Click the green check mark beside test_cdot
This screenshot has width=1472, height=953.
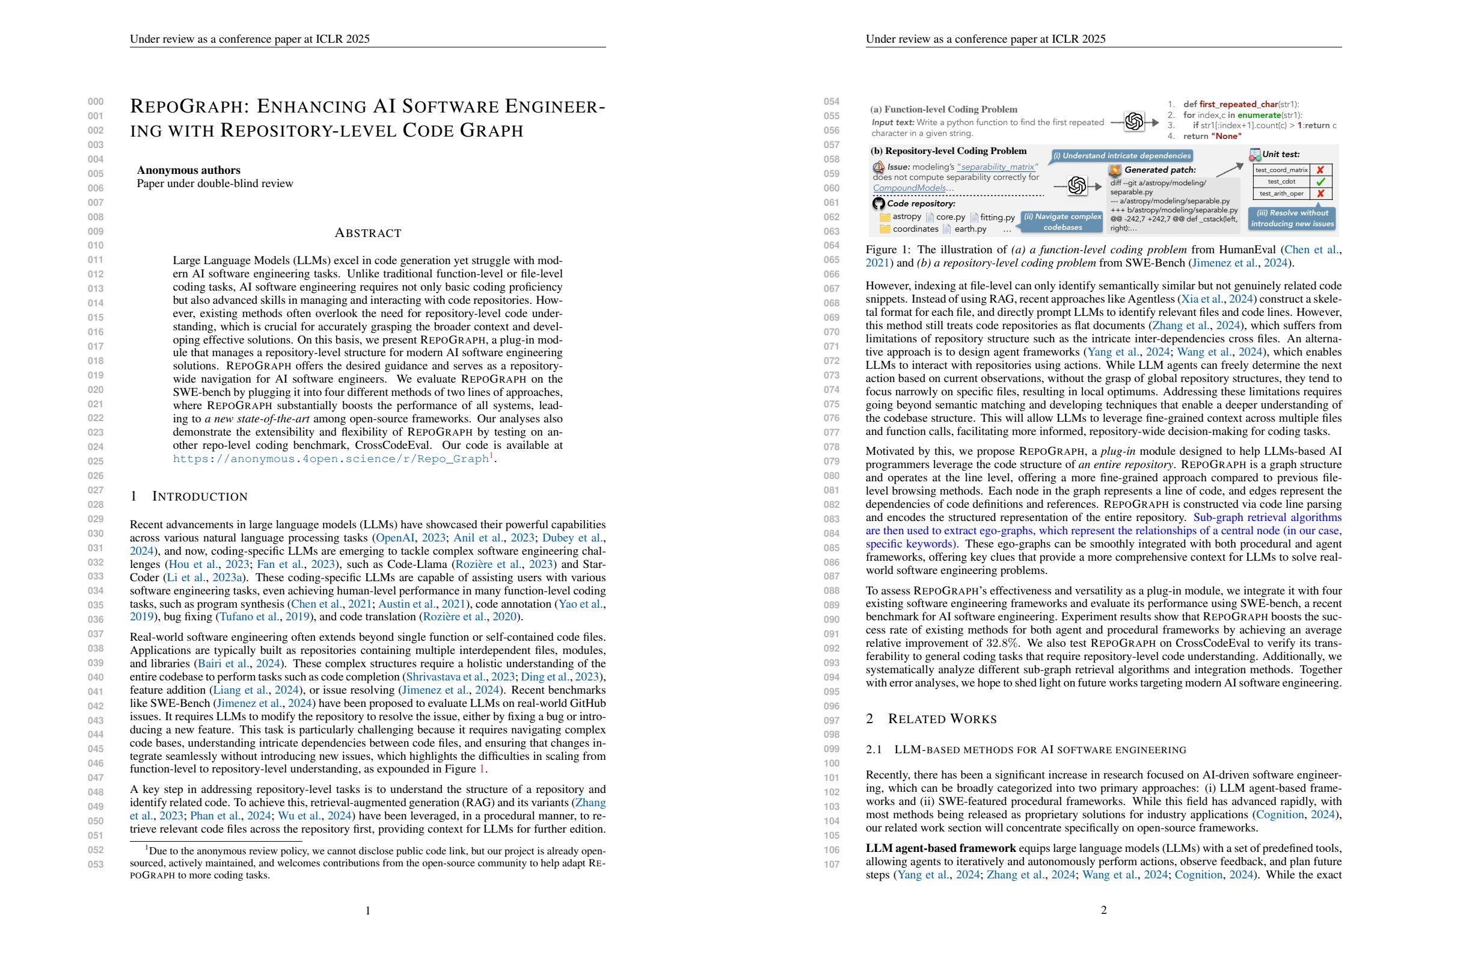(x=1320, y=182)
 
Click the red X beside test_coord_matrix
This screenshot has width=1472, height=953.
(x=1320, y=170)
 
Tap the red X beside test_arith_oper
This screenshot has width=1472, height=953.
(x=1320, y=194)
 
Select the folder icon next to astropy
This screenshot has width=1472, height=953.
(x=885, y=217)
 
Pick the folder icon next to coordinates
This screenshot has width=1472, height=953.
(x=885, y=229)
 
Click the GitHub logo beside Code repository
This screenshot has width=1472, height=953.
(x=879, y=203)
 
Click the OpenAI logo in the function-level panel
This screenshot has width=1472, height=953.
(x=1133, y=122)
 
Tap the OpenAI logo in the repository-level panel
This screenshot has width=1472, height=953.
(x=1077, y=185)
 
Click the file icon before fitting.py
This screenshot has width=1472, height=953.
(x=974, y=217)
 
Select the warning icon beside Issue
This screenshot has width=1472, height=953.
(x=879, y=167)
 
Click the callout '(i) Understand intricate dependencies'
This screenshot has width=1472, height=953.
(x=1121, y=156)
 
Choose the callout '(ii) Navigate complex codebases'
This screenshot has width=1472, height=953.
(x=1062, y=221)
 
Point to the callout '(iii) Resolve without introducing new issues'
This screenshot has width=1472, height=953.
(x=1292, y=218)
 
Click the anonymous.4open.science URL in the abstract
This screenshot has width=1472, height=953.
(x=331, y=459)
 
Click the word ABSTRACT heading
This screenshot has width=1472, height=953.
(x=368, y=233)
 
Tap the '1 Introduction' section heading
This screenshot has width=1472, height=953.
(x=189, y=496)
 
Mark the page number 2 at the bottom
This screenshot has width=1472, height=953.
(x=1103, y=910)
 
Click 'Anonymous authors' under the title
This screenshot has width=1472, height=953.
(x=189, y=170)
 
